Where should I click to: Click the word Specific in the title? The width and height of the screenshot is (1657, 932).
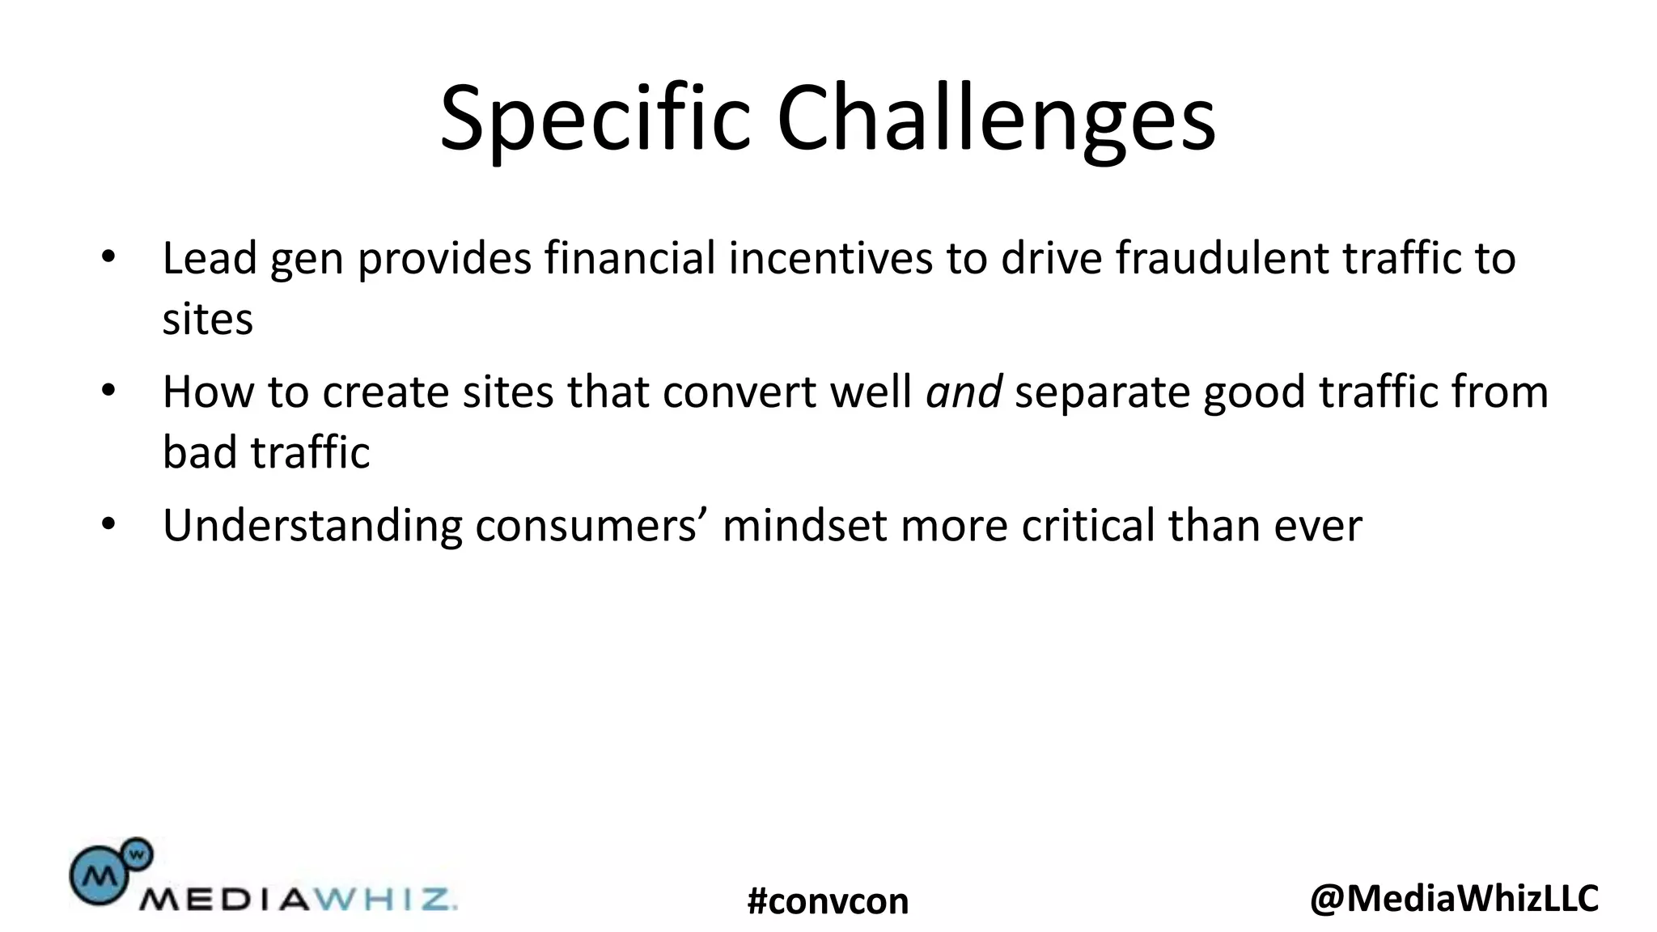tap(595, 120)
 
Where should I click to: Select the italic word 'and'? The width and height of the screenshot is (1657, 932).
tap(964, 392)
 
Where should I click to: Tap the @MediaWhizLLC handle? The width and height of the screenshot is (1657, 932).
tap(1454, 898)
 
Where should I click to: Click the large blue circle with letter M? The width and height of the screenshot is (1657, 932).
tap(97, 875)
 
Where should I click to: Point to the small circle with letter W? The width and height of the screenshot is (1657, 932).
tap(138, 853)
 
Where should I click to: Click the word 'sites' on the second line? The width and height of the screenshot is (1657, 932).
tap(208, 319)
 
